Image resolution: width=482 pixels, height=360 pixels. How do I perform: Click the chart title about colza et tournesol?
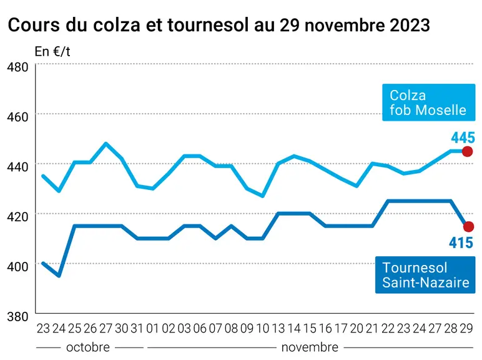(x=219, y=24)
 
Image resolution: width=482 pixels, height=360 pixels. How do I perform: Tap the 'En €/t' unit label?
(x=52, y=51)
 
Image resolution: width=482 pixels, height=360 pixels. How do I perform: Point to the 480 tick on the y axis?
(x=17, y=67)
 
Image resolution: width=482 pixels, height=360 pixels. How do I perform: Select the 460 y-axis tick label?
(x=17, y=117)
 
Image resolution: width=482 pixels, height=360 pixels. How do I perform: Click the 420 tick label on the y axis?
(x=17, y=217)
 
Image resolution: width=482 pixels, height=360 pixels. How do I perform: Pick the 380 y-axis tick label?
(x=17, y=316)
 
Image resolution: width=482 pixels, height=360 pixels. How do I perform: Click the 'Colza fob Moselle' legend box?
(x=429, y=102)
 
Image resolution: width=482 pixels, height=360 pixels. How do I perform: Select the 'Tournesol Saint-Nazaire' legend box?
(x=425, y=274)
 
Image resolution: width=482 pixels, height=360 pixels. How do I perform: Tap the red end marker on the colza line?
(x=468, y=151)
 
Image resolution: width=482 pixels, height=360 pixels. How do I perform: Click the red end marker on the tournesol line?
(x=468, y=227)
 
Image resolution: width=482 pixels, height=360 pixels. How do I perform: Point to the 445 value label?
(x=463, y=137)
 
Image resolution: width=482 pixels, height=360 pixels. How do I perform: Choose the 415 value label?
(x=461, y=242)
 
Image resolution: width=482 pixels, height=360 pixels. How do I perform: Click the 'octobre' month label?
(x=88, y=347)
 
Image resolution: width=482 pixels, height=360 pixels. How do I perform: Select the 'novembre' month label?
(x=310, y=347)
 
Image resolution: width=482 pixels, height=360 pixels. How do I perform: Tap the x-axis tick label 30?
(x=121, y=329)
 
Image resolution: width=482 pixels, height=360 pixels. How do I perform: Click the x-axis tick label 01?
(x=153, y=329)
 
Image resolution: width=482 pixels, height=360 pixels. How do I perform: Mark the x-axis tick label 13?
(x=278, y=329)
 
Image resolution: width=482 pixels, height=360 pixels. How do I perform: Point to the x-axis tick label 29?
(x=466, y=329)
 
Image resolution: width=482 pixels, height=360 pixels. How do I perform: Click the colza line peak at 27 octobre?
(x=106, y=143)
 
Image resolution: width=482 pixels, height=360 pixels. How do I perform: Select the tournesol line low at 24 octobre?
(x=59, y=276)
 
